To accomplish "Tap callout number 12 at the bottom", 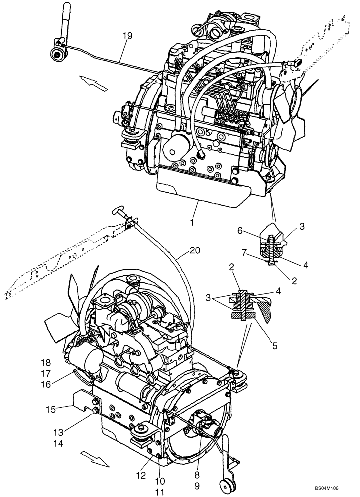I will coord(141,476).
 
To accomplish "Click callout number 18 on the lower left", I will coord(60,363).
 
